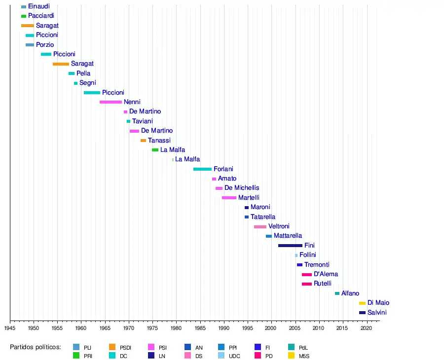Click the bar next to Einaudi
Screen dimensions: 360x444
point(24,6)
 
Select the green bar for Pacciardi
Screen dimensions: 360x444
point(24,16)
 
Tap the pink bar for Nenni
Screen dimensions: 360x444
point(111,102)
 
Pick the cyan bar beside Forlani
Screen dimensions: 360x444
point(202,169)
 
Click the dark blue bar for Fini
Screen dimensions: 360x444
point(290,246)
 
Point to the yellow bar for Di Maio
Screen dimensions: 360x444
point(362,303)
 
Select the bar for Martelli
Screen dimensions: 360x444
point(229,198)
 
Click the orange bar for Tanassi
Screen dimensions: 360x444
point(143,141)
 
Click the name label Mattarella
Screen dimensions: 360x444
point(288,236)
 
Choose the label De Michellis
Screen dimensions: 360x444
point(242,188)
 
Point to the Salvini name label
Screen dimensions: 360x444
point(377,313)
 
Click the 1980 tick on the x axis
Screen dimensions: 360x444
point(177,328)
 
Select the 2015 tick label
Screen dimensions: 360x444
point(343,328)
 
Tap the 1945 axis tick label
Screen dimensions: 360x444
point(10,328)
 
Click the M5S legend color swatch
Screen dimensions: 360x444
point(292,355)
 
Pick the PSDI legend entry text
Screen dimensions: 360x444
point(125,347)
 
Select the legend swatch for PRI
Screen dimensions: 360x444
point(76,355)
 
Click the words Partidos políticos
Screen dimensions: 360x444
point(36,347)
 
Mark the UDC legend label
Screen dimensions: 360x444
point(234,355)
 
